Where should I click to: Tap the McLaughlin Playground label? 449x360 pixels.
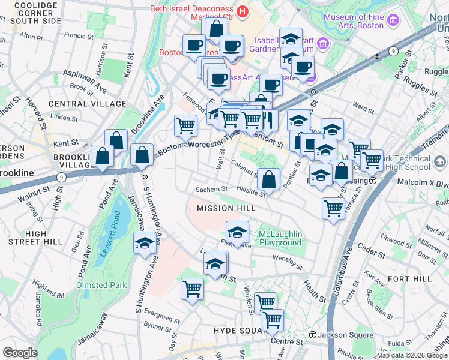[x=280, y=238]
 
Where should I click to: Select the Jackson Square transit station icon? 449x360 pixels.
[x=312, y=334]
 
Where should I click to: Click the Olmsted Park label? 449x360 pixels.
[x=101, y=285]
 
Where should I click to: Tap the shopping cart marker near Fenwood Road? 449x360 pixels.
[x=186, y=126]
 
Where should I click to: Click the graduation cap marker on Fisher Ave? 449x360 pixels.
[x=237, y=232]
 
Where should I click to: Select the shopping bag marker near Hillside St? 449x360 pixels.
[x=270, y=179]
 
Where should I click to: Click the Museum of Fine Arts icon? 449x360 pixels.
[x=393, y=21]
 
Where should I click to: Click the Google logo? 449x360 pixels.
[x=20, y=353]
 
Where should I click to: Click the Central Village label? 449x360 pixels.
[x=80, y=104]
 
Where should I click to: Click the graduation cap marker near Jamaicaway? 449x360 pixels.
[x=144, y=244]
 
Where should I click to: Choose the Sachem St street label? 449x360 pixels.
[x=211, y=189]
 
